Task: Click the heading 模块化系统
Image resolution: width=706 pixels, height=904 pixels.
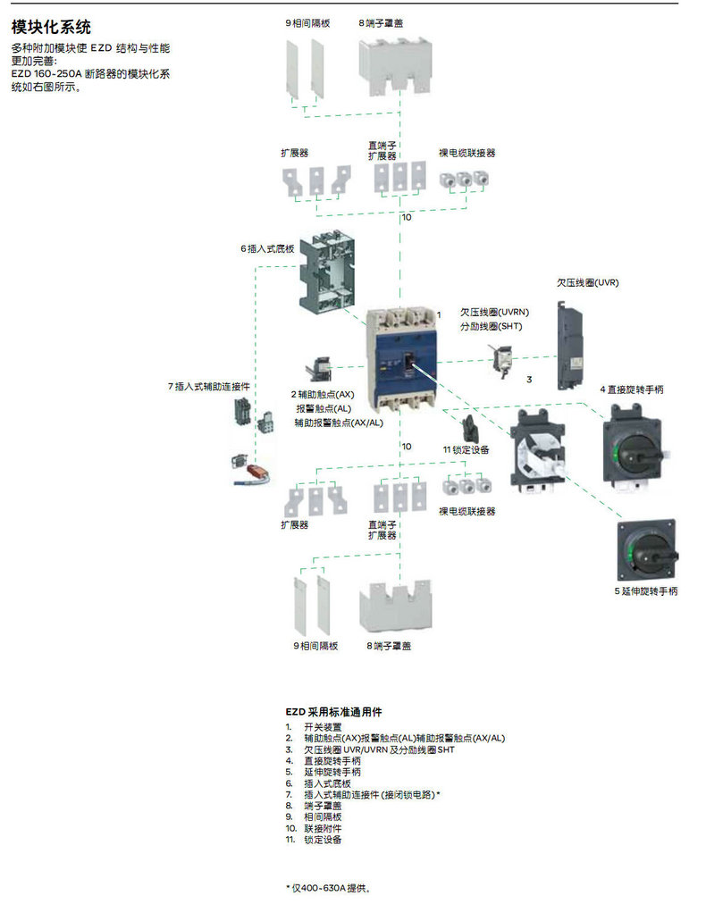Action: click(x=51, y=28)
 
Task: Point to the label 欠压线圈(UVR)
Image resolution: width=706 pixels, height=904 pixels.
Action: click(x=587, y=282)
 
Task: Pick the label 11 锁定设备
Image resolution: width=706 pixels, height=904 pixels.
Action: click(x=466, y=449)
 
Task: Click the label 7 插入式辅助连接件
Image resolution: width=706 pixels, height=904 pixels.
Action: click(x=208, y=387)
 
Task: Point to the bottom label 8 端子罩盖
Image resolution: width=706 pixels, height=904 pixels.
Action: click(x=389, y=645)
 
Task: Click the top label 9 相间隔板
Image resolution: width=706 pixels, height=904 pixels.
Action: click(x=307, y=23)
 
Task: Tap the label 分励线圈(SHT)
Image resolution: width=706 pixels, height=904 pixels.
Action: click(x=491, y=326)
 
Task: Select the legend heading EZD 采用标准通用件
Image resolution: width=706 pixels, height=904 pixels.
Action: click(x=333, y=712)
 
